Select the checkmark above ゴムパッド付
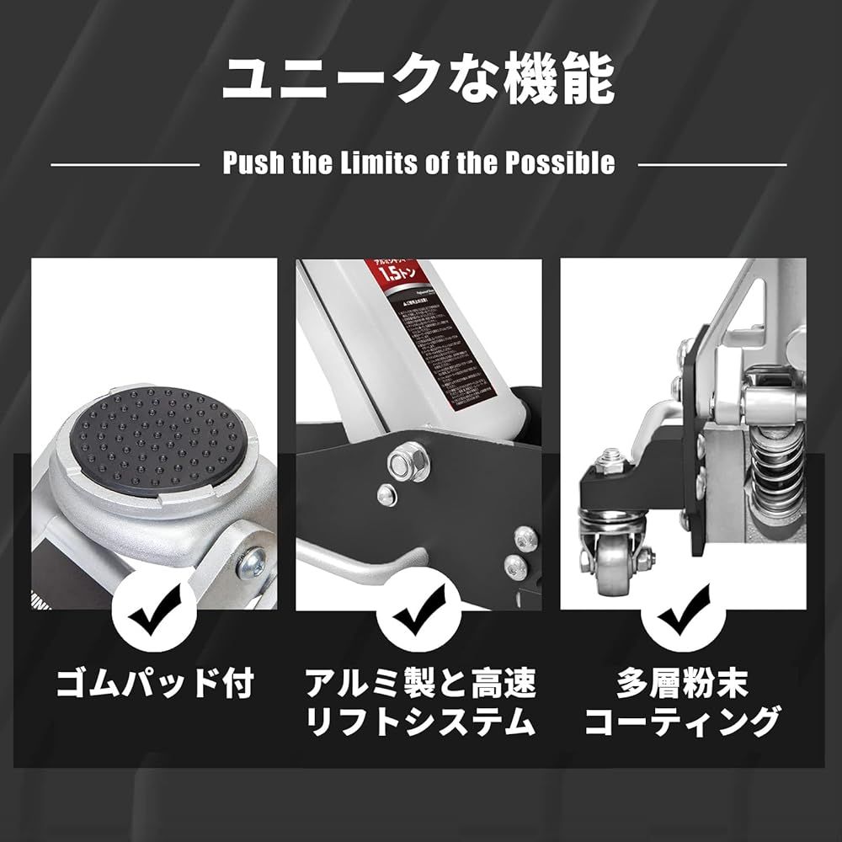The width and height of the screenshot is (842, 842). tap(154, 619)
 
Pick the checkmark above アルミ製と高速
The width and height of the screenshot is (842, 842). tap(419, 619)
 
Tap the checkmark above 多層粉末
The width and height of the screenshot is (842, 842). tap(684, 619)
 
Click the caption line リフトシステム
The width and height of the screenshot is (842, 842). tap(419, 722)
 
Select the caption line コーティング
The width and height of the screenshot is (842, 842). tap(683, 722)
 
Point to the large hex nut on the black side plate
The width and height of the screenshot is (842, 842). tap(399, 461)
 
